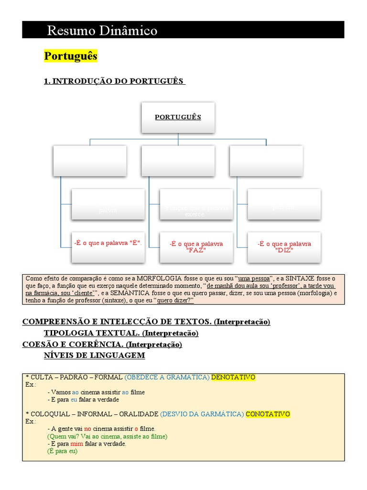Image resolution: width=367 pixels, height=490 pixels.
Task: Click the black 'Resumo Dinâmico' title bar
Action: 183,30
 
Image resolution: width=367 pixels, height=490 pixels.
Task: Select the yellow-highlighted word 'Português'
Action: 71,56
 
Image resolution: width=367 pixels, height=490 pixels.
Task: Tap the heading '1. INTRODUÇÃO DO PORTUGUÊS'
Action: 114,81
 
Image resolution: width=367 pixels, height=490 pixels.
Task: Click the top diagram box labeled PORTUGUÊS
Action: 178,117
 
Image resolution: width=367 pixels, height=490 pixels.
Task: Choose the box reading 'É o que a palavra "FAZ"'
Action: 196,247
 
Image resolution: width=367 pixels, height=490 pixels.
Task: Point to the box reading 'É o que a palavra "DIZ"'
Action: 284,247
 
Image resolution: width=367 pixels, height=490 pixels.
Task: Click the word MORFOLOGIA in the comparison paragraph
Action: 158,278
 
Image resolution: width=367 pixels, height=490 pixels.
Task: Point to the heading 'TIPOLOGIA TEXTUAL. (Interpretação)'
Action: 121,333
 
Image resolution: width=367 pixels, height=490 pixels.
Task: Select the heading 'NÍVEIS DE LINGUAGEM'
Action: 94,356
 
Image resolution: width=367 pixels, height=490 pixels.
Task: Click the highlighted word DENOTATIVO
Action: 233,378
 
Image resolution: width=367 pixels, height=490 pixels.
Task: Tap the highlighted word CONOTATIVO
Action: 268,414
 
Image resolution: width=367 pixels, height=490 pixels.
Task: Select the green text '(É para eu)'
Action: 62,451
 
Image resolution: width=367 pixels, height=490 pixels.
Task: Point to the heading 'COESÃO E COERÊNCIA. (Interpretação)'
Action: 102,345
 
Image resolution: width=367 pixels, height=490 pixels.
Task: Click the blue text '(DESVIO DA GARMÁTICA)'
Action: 202,414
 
